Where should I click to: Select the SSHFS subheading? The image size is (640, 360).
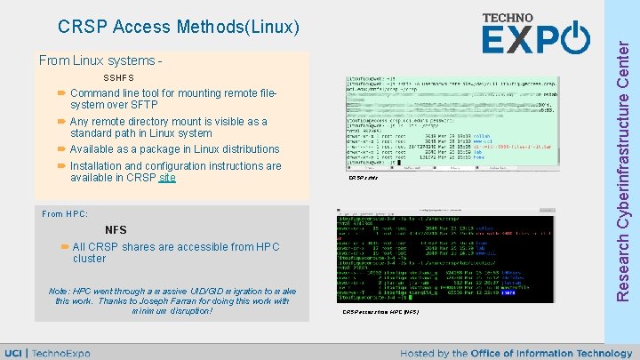(x=119, y=79)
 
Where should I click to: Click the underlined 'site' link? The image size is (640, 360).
(x=166, y=178)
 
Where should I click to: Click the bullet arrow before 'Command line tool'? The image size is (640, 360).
(x=61, y=93)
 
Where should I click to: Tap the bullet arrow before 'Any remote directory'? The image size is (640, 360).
(x=61, y=122)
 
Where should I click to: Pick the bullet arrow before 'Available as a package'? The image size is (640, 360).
(x=61, y=149)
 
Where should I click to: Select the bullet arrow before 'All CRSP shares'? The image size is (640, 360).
(x=65, y=246)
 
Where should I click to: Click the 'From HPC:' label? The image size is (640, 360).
(x=65, y=214)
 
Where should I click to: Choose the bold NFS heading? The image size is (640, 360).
(x=116, y=230)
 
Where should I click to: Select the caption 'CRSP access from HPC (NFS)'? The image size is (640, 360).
(x=380, y=313)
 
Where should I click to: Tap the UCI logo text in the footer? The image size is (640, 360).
(x=13, y=353)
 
